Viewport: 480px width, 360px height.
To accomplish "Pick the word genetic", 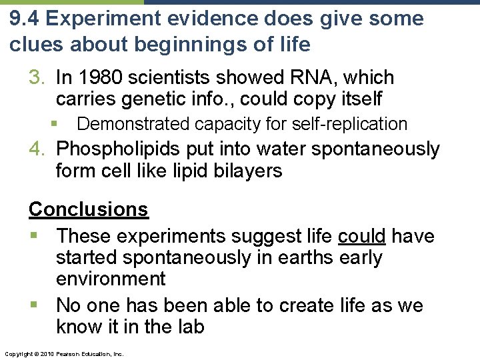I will [159, 99].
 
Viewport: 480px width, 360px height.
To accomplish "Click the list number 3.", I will [36, 78].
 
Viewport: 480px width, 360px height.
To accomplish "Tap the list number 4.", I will [36, 149].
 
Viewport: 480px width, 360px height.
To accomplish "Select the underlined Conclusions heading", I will [88, 209].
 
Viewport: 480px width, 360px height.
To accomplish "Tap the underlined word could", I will [362, 236].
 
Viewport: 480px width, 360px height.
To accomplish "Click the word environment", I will [111, 279].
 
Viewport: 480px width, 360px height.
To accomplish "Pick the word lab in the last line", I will [190, 327].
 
